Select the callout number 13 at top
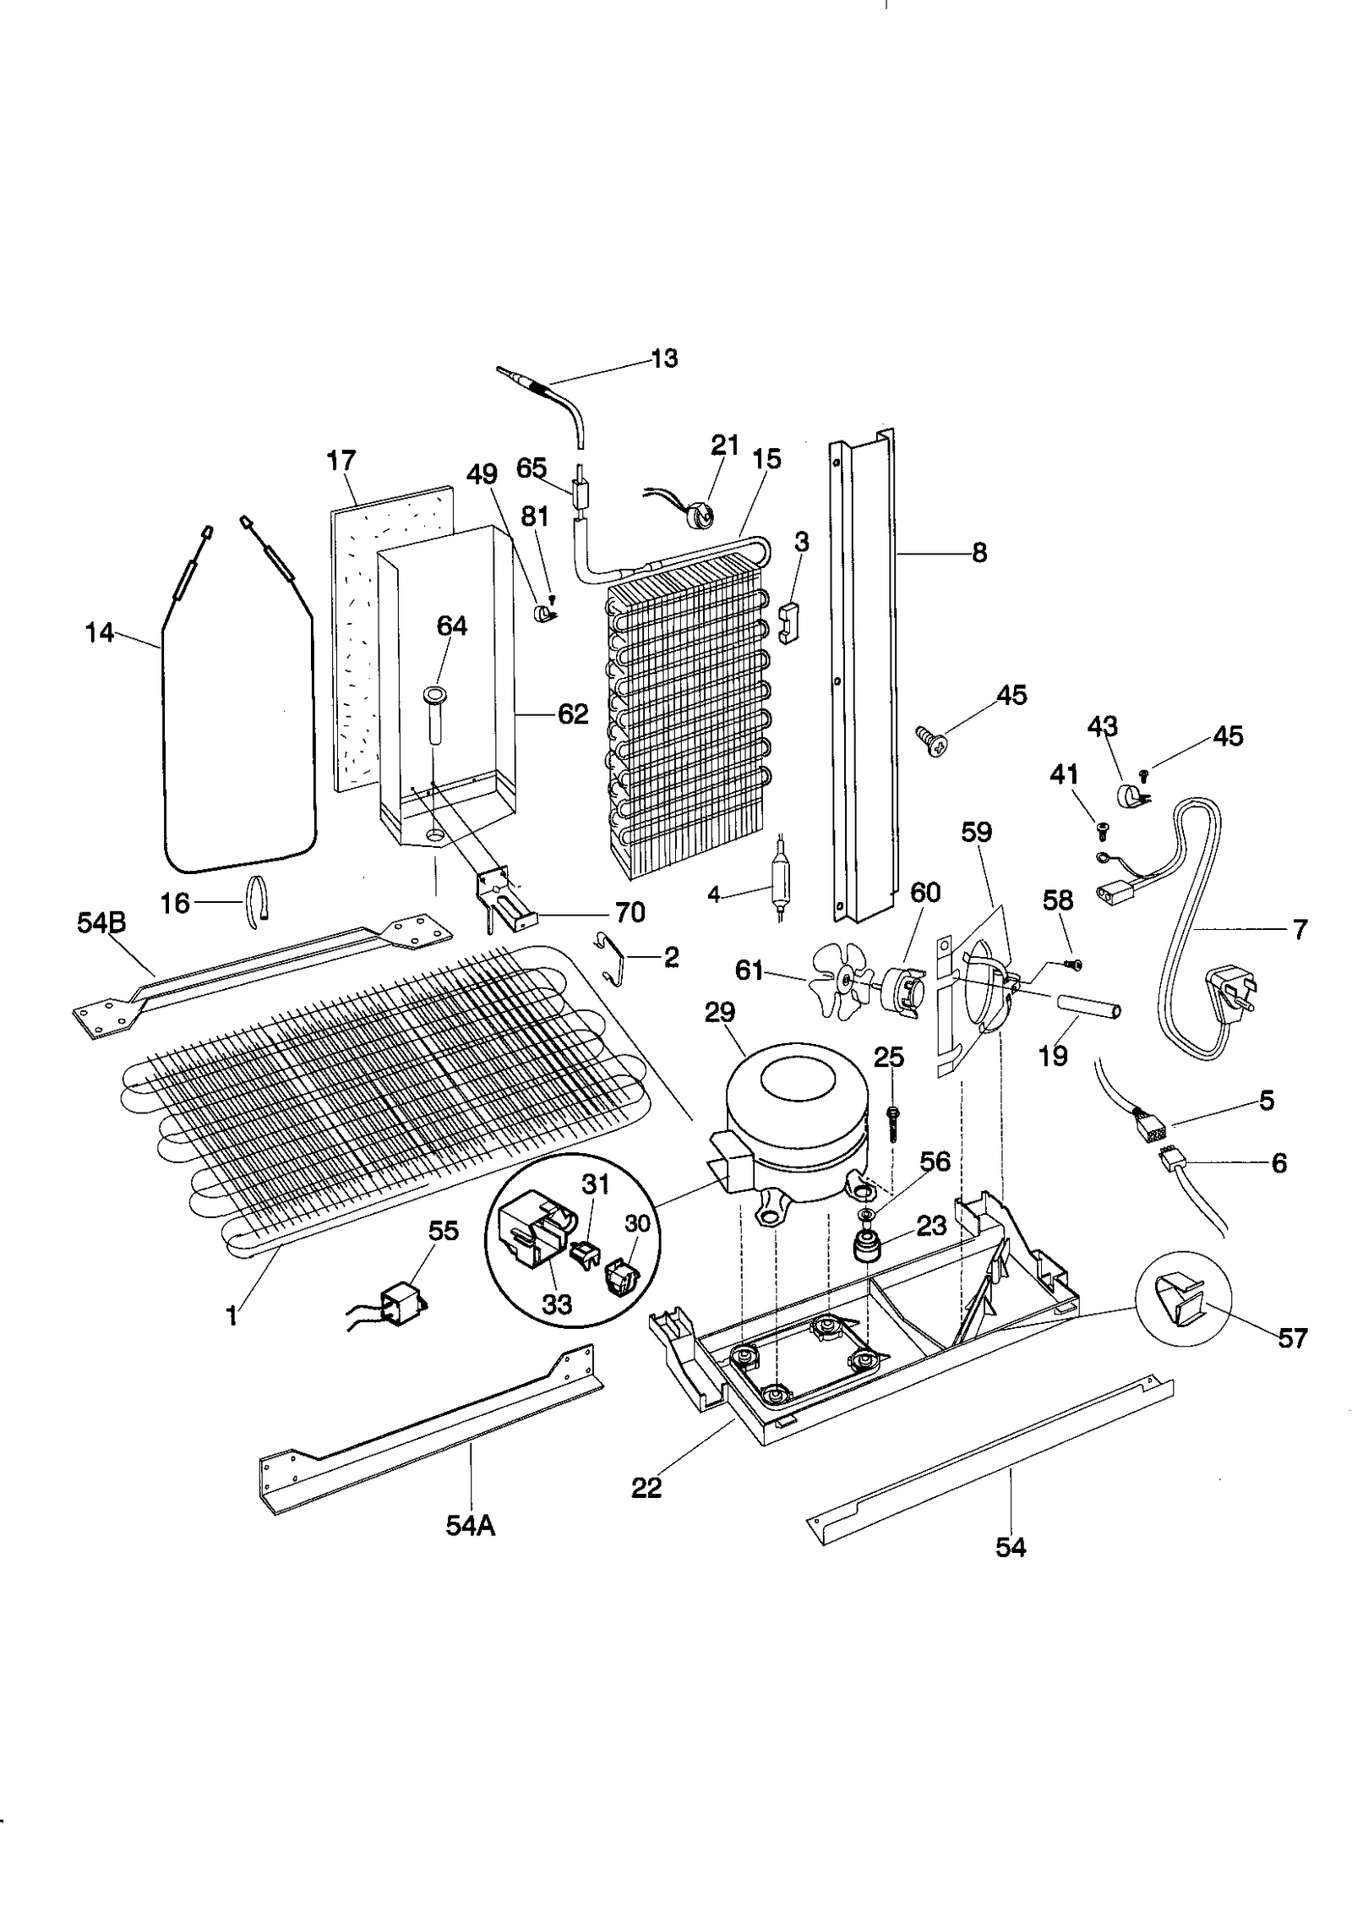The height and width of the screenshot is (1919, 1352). tap(664, 358)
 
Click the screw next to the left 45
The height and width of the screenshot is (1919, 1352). tap(932, 742)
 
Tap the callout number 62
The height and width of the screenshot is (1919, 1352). tap(572, 714)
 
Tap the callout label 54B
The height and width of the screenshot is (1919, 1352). tap(101, 923)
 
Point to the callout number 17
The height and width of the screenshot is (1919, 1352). tap(341, 461)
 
